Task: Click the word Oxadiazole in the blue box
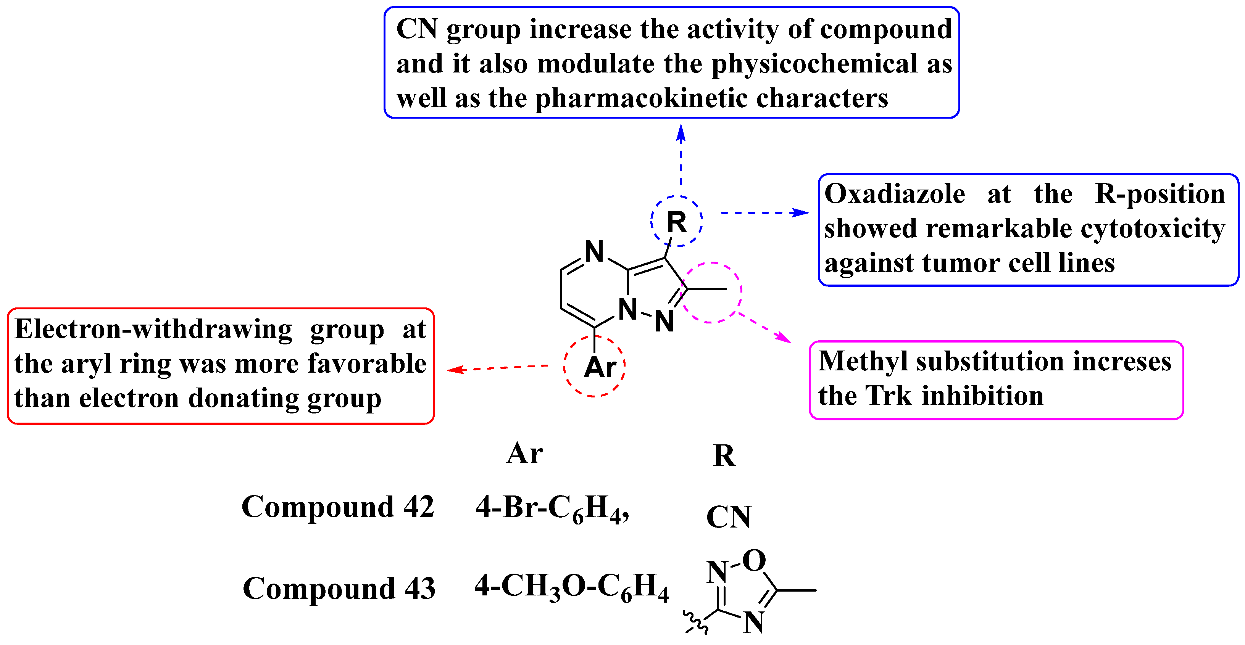pos(895,194)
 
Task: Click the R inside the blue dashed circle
pos(676,223)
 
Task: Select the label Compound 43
pos(339,589)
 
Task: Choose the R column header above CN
pos(724,455)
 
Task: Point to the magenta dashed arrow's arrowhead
pos(784,338)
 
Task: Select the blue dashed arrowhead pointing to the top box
pos(681,133)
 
